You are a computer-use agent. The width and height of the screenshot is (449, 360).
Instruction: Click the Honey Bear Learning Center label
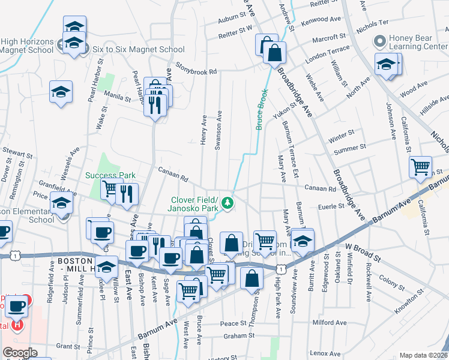point(418,41)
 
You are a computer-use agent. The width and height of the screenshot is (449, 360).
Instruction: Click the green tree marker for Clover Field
point(228,203)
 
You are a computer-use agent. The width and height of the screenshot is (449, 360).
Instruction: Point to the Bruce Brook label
point(262,110)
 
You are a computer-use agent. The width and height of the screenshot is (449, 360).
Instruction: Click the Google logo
point(20,353)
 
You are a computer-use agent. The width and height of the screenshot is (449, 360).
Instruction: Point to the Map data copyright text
point(424,355)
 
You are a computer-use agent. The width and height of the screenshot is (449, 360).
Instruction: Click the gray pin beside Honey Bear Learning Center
point(379,42)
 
